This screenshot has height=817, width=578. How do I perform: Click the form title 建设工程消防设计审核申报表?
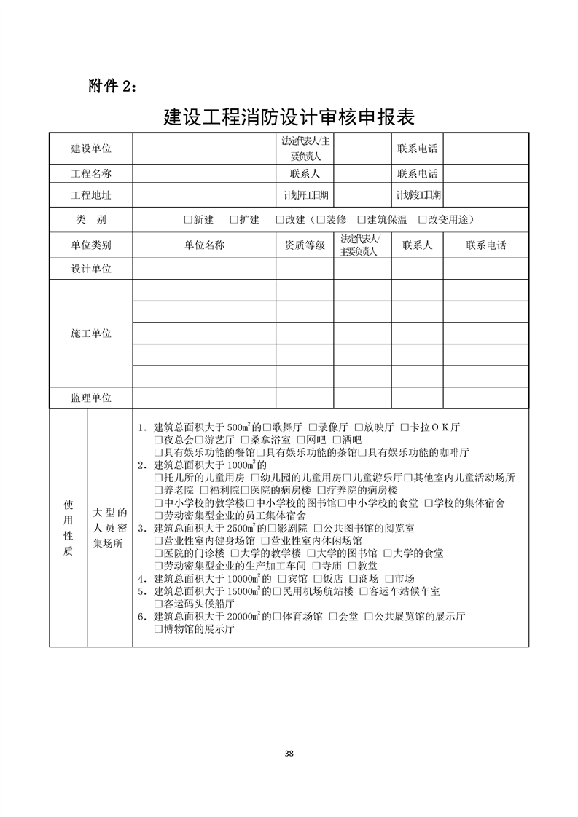coord(289,117)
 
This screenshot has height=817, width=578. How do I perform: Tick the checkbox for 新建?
coord(188,220)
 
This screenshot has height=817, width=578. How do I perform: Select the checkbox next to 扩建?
coord(233,220)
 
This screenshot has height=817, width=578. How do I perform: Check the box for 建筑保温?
coord(362,220)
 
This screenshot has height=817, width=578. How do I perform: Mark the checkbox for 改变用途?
coord(423,220)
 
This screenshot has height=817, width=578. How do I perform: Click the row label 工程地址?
coord(91,195)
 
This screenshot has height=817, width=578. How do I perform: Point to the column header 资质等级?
coord(305,245)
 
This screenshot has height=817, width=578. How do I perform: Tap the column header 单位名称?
coord(204,245)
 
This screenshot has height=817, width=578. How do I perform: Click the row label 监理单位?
coord(91,398)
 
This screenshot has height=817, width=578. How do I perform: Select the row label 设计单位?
coord(91,269)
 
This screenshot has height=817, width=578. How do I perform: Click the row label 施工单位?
coord(91,333)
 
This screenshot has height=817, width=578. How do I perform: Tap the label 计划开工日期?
coord(305,195)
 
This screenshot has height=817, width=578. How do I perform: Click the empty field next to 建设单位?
coord(204,149)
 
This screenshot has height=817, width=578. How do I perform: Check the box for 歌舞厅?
coord(268,427)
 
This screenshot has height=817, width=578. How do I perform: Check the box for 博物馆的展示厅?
coord(158,629)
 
